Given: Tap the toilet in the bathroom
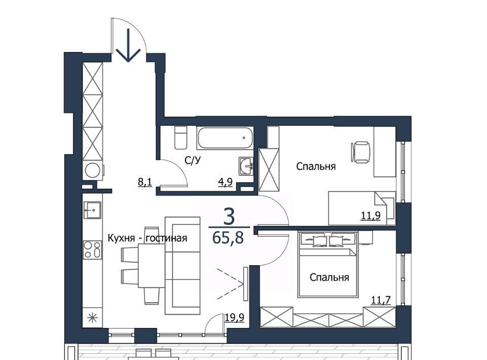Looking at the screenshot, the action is point(181,137).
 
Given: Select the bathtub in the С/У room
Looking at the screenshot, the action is point(225,137).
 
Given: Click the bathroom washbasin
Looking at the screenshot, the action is point(247,166).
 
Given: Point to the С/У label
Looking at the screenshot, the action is point(193,160).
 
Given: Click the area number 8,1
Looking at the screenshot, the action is point(145,182).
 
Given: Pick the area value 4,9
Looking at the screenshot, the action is point(225,182).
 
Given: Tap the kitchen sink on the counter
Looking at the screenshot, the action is point(92,210).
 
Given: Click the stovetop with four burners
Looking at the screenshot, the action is point(92,250).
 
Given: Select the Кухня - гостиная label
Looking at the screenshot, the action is point(147,238).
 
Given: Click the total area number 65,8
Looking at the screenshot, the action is point(228,238).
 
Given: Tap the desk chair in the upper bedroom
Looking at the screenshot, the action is point(361,152).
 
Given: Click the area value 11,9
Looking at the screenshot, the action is point(370,215).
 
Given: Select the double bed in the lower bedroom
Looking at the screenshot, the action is point(328,264).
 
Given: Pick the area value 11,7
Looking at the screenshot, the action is point(381,300).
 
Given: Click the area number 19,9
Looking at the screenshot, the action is point(234,317).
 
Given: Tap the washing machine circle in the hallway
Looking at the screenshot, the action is point(92,170).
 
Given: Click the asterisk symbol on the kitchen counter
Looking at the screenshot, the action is point(92,318).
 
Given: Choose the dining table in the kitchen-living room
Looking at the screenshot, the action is point(151,266).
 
